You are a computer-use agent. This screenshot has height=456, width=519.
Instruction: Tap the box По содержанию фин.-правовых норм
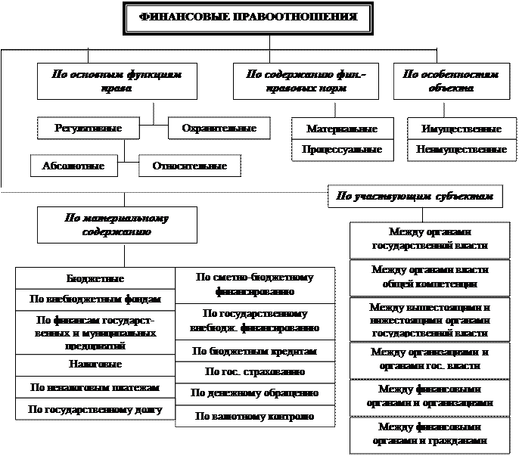306,81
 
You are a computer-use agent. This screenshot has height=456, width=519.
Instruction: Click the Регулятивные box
89,129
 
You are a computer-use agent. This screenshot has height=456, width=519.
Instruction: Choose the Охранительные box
219,129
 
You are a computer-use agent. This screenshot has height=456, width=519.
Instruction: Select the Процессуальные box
342,150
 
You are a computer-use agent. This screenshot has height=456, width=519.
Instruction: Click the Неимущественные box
462,150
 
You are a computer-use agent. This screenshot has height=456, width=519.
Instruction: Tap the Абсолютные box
68,166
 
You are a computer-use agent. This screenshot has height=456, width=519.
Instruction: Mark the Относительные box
189,166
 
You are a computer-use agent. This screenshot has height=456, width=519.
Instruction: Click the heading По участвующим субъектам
415,197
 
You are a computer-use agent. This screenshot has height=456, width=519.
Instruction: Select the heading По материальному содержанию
117,225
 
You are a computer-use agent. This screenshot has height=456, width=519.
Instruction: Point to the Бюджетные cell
95,279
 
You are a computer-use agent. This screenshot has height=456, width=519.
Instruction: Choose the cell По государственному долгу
95,409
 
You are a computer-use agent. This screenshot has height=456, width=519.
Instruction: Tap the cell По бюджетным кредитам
254,352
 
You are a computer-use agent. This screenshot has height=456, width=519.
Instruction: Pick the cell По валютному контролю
254,416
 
